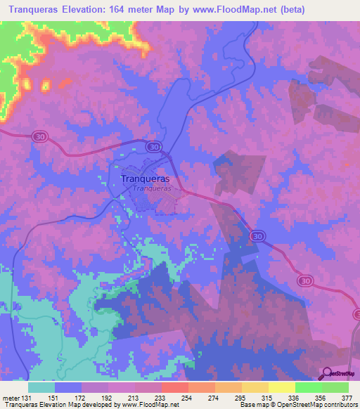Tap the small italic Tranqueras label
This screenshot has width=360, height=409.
tap(152, 188)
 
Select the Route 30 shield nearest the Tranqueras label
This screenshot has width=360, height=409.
tap(154, 146)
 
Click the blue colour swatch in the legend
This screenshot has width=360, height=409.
tap(68, 387)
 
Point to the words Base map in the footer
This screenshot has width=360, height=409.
tap(252, 404)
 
